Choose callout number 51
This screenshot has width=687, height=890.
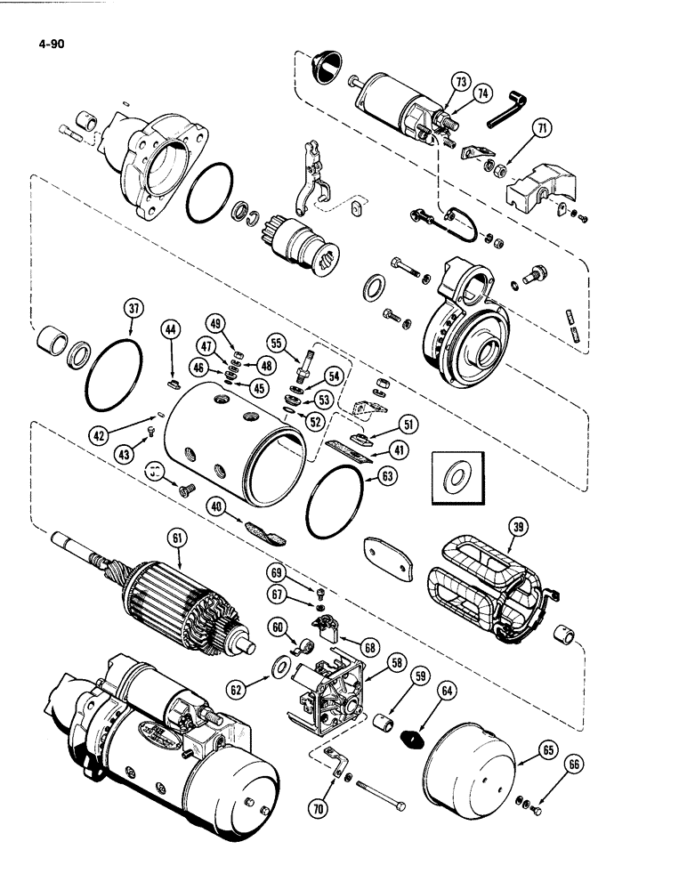tap(409, 423)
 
